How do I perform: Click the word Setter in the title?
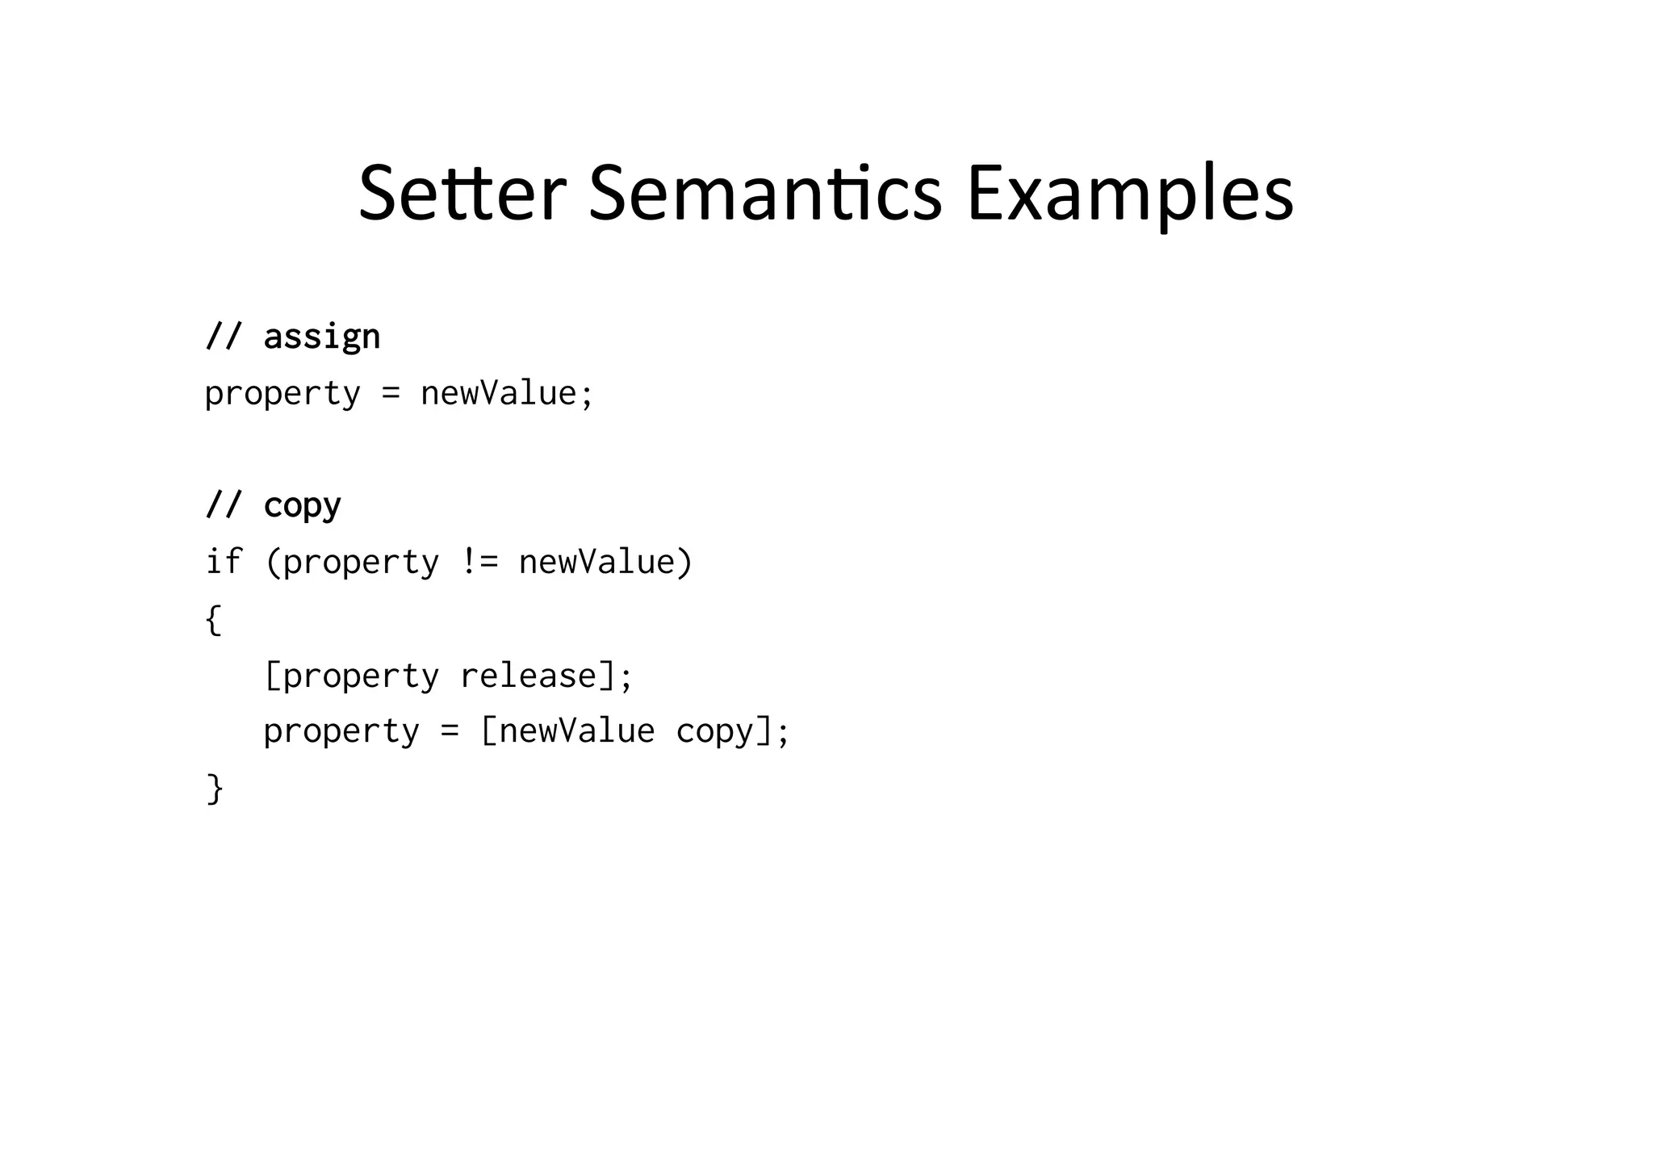coord(462,194)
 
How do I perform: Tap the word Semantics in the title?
coord(765,194)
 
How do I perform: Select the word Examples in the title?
coord(1130,195)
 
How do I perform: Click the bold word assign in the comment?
coord(321,337)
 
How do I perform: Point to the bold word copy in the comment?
coord(302,507)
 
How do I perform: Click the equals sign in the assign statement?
coord(391,394)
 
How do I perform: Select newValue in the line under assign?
coord(499,394)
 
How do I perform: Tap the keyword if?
coord(224,562)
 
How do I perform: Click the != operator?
coord(479,562)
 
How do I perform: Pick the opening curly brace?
coord(213,619)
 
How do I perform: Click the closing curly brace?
coord(215,788)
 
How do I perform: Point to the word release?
coord(529,676)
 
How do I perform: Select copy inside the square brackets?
coord(714,732)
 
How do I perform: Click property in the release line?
coord(361,676)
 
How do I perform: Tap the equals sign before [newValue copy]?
coord(450,732)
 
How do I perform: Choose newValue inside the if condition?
coord(596,562)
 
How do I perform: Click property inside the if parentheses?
coord(361,563)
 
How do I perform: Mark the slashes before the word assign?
coord(224,336)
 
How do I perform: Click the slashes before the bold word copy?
coord(224,505)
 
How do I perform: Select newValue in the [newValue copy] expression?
coord(577,731)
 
